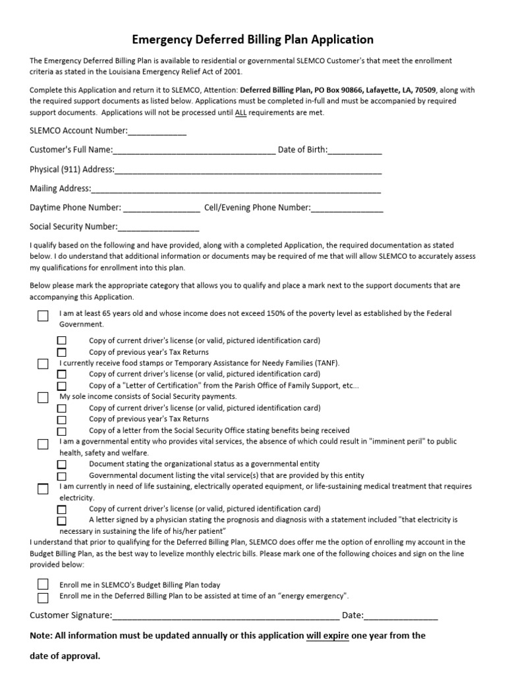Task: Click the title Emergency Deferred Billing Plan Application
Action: coord(252,39)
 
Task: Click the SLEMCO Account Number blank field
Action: coord(157,131)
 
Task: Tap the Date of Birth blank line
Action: coord(354,150)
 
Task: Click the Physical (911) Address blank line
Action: coord(248,170)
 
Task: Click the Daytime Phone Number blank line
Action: coord(161,208)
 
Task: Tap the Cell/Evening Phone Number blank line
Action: coord(347,208)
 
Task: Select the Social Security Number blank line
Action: coord(158,227)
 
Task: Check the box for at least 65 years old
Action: coord(43,316)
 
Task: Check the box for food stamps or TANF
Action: coord(43,364)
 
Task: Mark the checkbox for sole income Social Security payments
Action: coord(43,398)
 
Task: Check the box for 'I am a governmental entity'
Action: coord(43,444)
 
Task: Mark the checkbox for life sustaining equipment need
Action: coord(43,488)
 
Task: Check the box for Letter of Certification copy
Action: coord(62,386)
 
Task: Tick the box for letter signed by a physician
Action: coord(62,521)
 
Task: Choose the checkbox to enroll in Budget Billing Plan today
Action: coord(43,584)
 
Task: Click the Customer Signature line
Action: coord(225,616)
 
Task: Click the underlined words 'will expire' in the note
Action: coord(327,636)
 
